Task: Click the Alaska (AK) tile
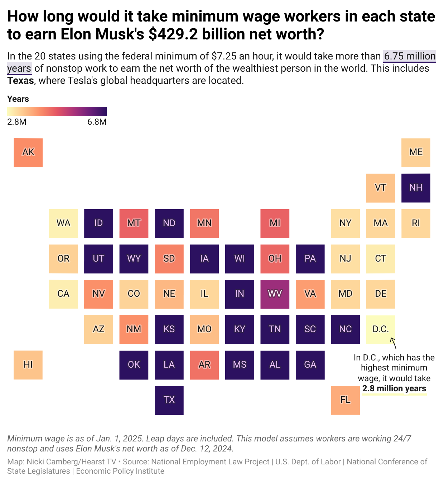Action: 28,153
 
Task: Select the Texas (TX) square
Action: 169,400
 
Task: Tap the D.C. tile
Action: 381,329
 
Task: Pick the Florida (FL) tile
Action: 345,400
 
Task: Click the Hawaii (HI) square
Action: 28,365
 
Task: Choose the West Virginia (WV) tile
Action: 275,294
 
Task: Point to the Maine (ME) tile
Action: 416,153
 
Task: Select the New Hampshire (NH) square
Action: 416,188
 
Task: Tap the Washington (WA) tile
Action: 63,223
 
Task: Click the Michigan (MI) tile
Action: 275,223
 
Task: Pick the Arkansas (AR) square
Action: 204,365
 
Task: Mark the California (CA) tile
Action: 63,294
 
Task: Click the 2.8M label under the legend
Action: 17,122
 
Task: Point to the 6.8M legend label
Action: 97,122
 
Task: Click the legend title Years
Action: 18,99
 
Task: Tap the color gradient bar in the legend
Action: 57,111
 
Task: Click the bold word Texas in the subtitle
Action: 20,81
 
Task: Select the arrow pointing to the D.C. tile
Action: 393,343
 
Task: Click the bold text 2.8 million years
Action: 394,389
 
